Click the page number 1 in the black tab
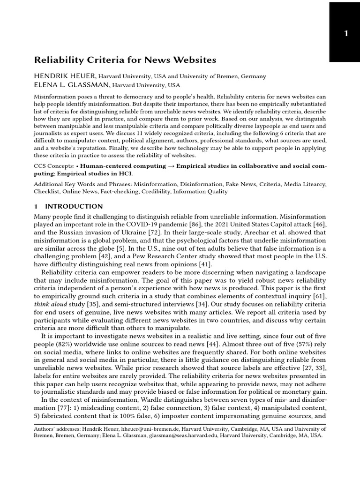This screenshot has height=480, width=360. [x=345, y=33]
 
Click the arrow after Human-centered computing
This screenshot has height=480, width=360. [x=172, y=166]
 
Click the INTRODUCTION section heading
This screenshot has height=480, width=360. [x=74, y=206]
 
